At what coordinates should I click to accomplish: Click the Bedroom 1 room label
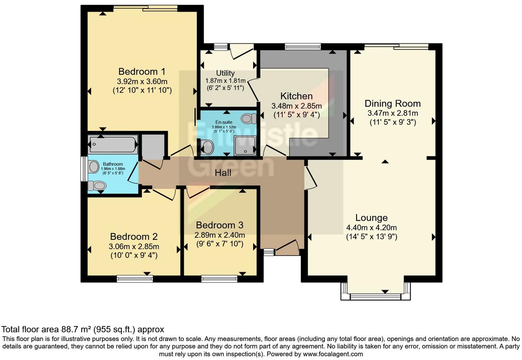coord(141,71)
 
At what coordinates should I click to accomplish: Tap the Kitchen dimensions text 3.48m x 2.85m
coord(296,106)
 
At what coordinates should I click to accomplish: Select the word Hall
coord(223,173)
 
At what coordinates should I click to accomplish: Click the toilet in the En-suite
coord(249,119)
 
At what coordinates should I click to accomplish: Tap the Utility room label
coord(225,73)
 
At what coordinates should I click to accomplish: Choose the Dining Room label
coord(392,103)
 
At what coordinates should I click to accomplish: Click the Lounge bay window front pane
coord(375,296)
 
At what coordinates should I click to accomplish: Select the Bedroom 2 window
coord(135,279)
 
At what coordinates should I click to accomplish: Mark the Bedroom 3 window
coord(219,279)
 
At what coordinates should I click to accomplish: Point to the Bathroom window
coord(83,169)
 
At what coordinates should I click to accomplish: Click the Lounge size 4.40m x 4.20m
coord(371,227)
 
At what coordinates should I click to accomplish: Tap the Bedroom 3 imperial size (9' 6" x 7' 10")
coord(219,244)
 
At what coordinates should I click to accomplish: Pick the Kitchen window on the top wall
coord(303,46)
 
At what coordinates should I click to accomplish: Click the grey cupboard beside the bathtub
coord(152,146)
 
